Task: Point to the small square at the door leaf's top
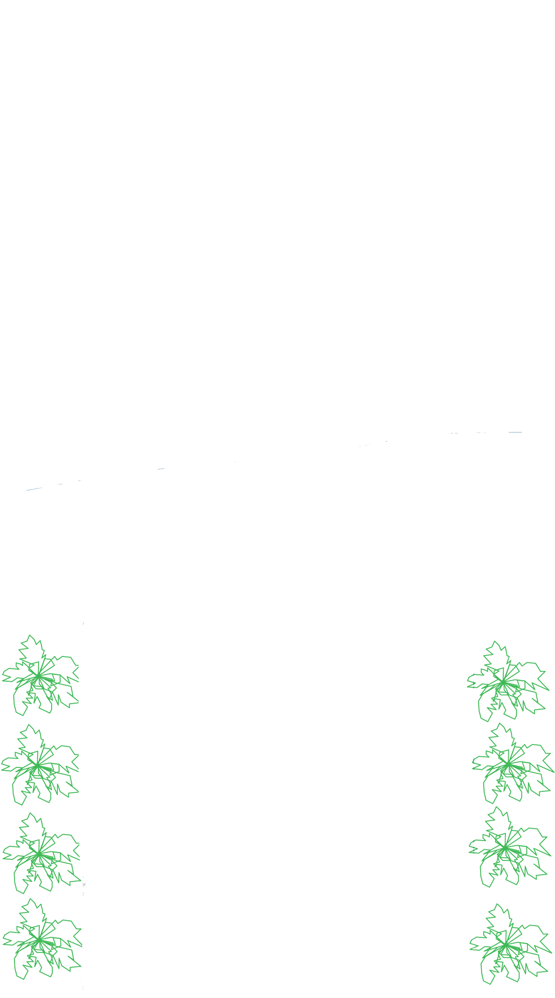pyautogui.click(x=161, y=472)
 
